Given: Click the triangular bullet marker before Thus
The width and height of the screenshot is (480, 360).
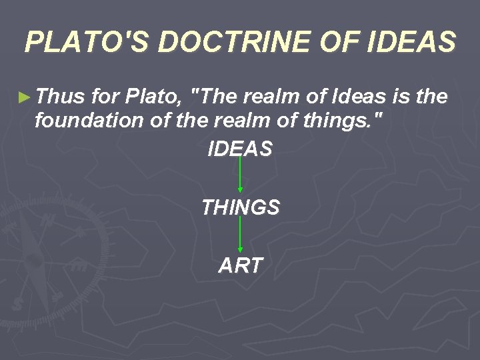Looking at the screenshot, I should [x=24, y=97].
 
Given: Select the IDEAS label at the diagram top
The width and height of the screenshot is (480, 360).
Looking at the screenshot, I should [x=240, y=149].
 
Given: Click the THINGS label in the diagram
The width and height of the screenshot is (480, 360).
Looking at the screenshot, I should [x=240, y=207].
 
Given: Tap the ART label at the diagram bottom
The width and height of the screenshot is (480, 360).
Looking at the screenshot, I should [x=240, y=265].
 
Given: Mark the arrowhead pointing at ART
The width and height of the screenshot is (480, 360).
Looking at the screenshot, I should [x=240, y=250].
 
